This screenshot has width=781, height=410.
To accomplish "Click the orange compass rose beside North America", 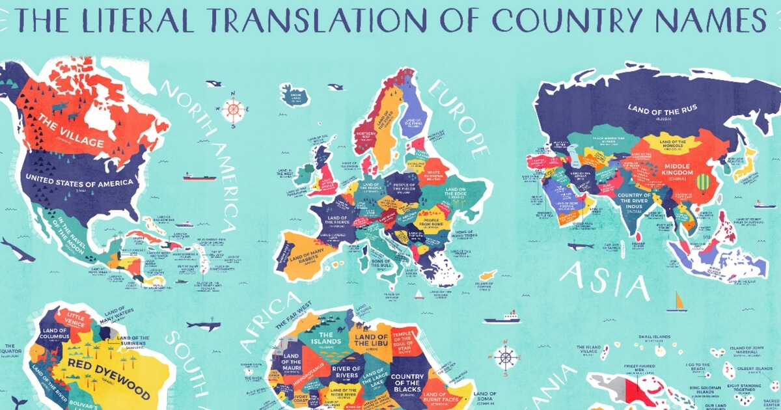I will [234, 109].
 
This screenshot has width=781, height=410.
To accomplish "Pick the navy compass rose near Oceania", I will [506, 357].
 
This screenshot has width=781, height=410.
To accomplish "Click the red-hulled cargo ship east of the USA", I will [199, 176].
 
